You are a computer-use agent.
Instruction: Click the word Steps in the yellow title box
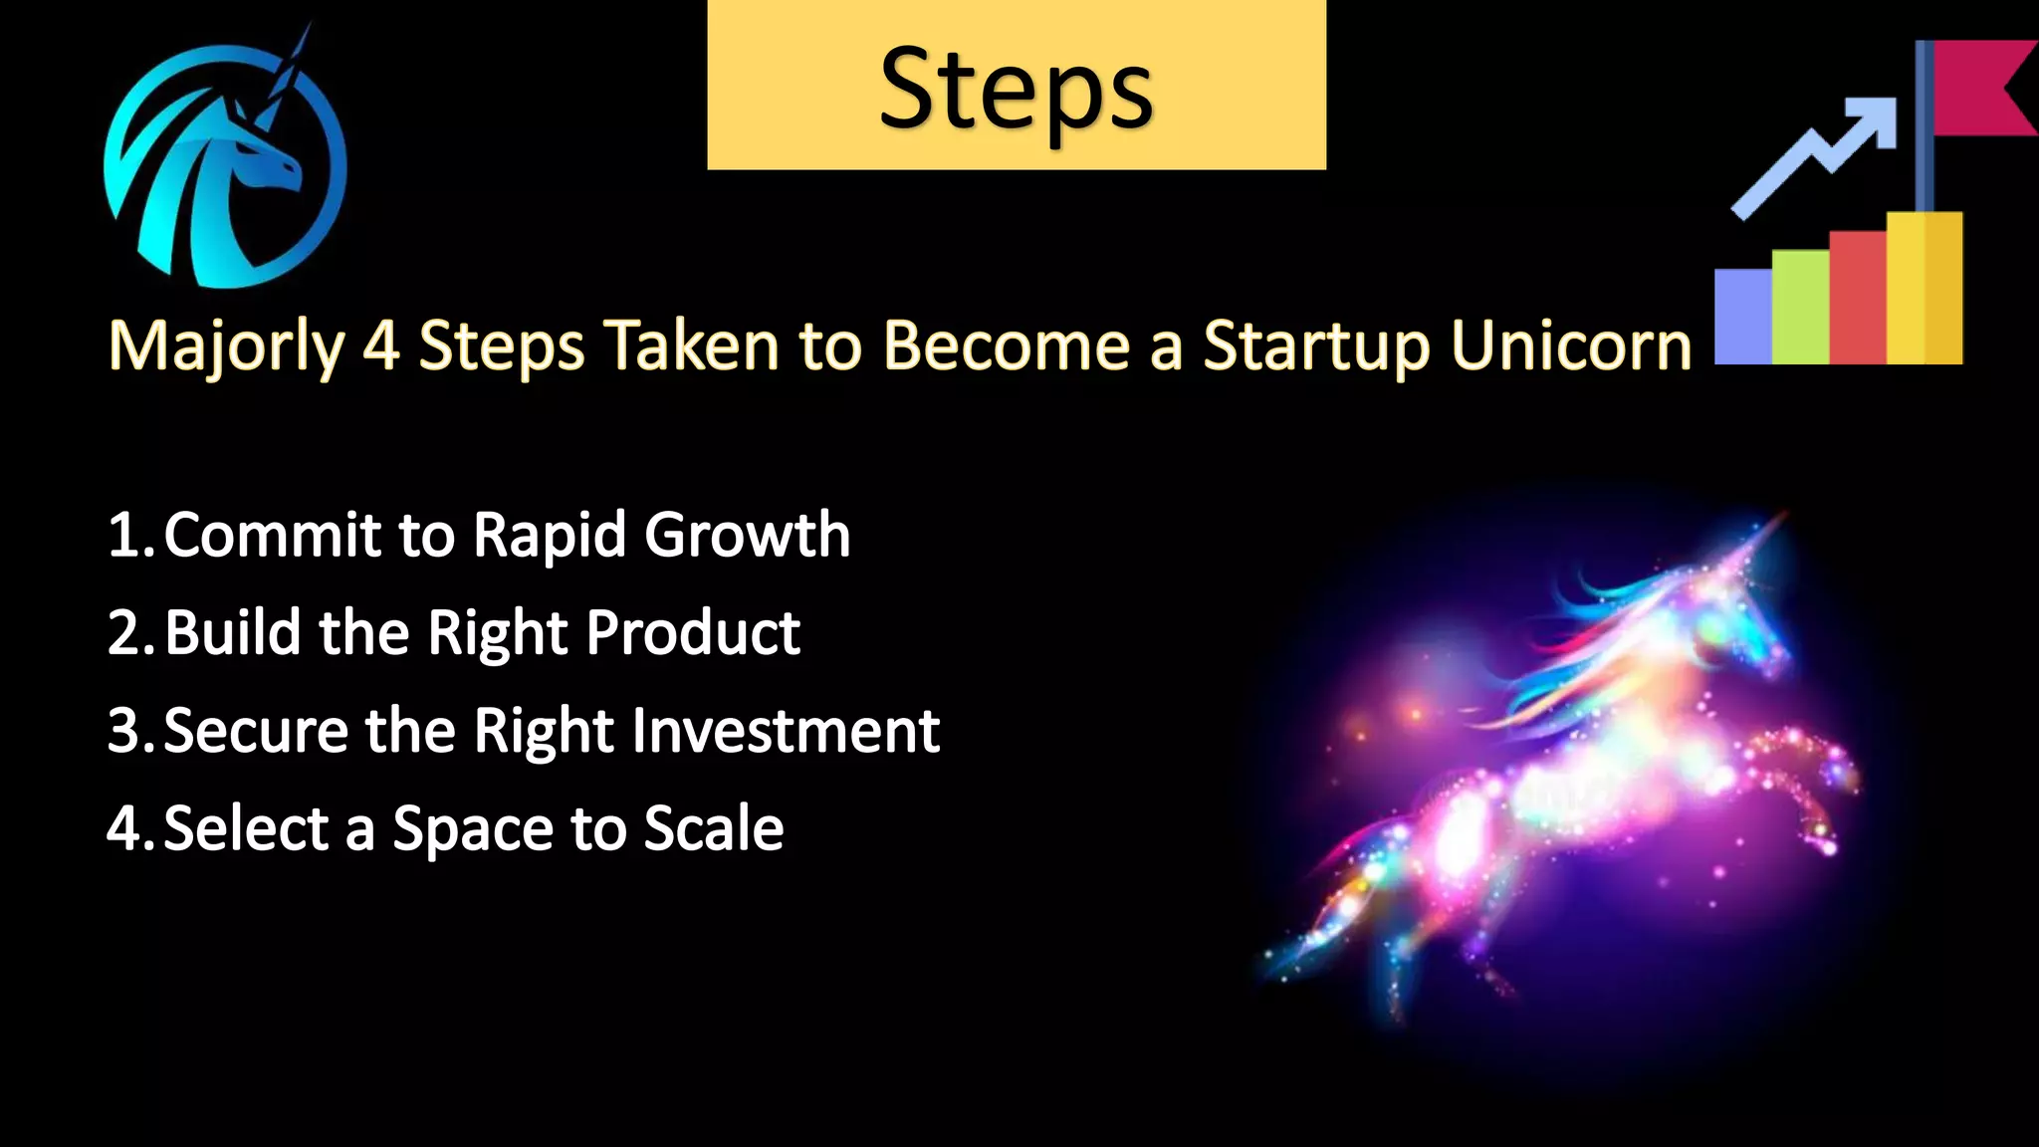[x=1016, y=90]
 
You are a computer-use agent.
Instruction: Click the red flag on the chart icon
[x=1981, y=88]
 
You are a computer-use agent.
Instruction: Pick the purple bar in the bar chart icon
[x=1742, y=316]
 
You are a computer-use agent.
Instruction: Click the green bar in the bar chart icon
[x=1800, y=306]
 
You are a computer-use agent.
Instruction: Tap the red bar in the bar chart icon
[x=1858, y=296]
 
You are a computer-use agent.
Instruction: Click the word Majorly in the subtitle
[x=225, y=346]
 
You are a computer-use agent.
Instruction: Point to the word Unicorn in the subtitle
[x=1570, y=346]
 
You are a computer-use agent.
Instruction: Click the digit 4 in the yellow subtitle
[x=380, y=346]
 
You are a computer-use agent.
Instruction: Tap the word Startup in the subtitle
[x=1316, y=346]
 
